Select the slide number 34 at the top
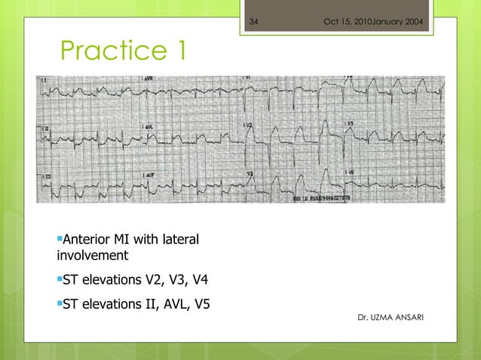(253, 20)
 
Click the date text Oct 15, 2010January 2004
(372, 20)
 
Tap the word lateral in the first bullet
(180, 240)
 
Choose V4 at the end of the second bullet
(200, 282)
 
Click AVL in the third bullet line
(169, 304)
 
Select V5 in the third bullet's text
(201, 304)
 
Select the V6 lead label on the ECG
(351, 172)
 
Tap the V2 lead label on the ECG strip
(249, 124)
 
